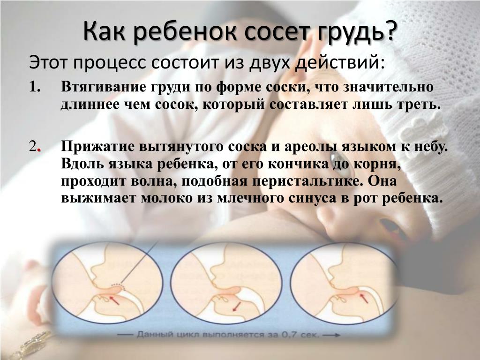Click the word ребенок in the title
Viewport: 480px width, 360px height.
185,32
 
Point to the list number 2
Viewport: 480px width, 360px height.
35,147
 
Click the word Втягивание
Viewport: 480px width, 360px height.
104,87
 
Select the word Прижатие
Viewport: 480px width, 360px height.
97,147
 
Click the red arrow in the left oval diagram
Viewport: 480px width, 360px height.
114,300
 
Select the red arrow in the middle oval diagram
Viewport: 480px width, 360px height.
236,307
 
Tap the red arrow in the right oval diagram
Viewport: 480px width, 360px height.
364,298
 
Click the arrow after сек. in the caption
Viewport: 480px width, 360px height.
331,335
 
